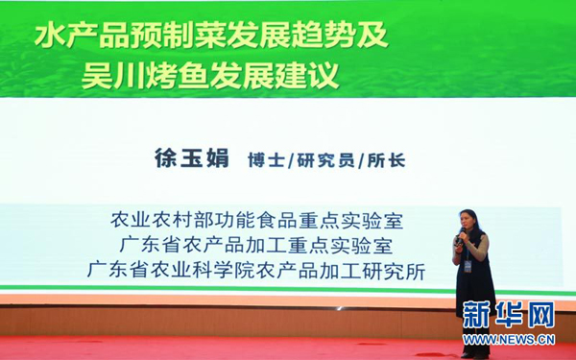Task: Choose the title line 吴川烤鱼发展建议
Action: (210, 75)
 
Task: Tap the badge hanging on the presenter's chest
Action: (468, 265)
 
